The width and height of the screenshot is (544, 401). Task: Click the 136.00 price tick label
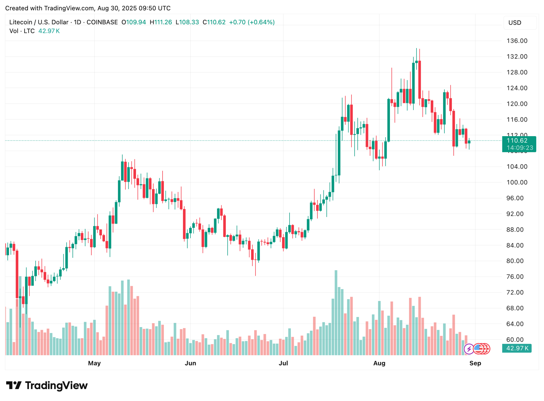pos(517,41)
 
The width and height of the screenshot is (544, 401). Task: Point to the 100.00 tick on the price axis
pos(517,182)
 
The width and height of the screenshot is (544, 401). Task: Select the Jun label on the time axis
pos(190,363)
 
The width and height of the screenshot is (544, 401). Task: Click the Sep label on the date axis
pos(475,363)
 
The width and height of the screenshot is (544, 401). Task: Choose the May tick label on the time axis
pos(94,363)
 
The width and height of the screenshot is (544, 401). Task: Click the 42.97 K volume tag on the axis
pos(517,348)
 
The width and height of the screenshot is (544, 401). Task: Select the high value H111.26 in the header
pos(161,22)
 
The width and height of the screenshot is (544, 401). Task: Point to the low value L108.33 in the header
pos(187,22)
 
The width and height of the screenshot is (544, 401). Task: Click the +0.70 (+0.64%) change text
pos(252,22)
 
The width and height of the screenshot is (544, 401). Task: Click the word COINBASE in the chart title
pos(102,22)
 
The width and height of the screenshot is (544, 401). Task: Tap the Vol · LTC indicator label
pos(22,31)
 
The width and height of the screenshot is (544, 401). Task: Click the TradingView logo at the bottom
pos(47,386)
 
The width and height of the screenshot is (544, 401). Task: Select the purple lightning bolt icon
pos(469,349)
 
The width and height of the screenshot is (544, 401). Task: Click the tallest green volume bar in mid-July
pos(336,312)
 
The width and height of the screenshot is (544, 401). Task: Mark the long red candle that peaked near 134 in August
pos(419,80)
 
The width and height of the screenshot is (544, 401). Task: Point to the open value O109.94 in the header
pos(134,22)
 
